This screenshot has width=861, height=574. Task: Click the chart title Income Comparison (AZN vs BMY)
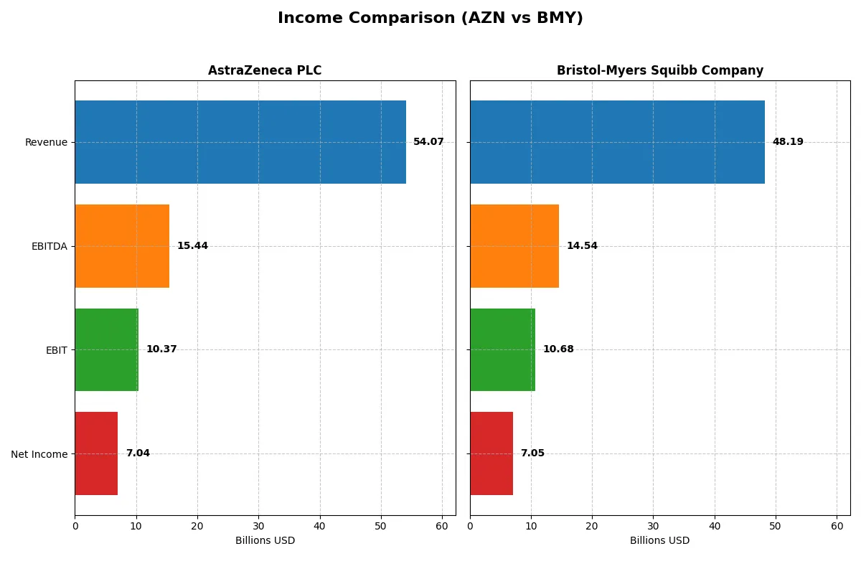430,19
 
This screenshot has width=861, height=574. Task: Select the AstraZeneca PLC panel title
265,70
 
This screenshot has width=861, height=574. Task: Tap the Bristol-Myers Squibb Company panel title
659,70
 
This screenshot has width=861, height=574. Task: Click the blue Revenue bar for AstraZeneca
240,142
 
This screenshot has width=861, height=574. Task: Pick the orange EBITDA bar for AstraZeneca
122,246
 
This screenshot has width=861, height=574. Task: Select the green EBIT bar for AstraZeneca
106,349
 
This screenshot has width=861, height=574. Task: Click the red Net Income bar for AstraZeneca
96,453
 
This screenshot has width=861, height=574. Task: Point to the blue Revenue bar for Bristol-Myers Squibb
617,142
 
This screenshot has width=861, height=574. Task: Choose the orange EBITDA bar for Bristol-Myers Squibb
514,246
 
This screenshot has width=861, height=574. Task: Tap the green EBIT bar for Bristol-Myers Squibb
502,349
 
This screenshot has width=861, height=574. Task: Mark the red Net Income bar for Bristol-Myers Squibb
491,453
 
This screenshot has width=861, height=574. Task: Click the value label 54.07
428,142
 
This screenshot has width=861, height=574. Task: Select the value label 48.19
788,142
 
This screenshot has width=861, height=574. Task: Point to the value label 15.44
192,246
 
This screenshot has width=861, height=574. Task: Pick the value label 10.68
558,349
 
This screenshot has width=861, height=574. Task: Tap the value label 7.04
138,453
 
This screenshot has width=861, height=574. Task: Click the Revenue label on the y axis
46,142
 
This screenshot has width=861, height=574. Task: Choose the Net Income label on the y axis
39,454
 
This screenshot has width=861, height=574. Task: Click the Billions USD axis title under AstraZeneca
265,541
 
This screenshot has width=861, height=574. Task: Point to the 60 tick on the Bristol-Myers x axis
837,526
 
